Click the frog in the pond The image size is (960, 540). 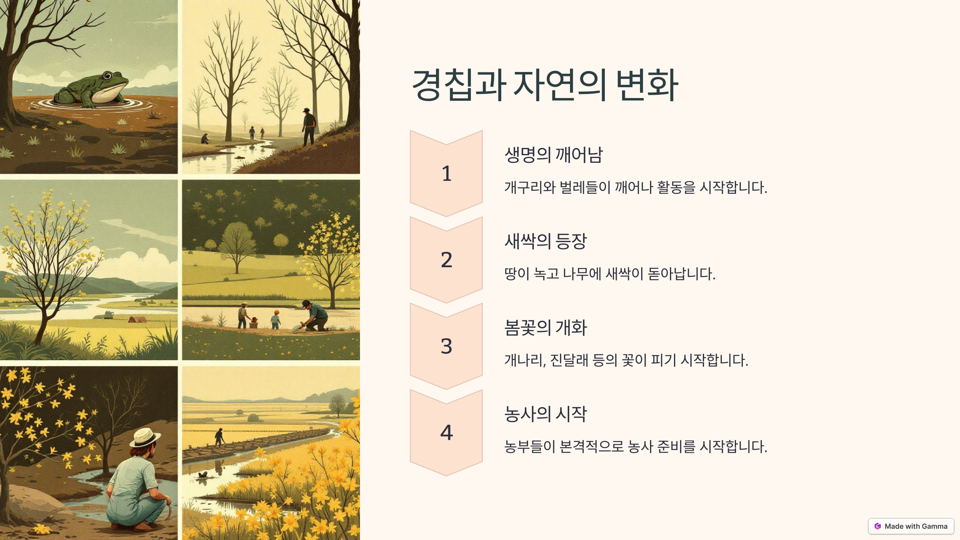pos(92,90)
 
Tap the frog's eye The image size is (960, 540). pos(108,76)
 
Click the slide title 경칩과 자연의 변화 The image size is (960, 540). pos(545,85)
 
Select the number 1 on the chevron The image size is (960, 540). pos(446,174)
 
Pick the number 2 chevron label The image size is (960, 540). pos(446,260)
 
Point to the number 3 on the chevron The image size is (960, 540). pos(446,346)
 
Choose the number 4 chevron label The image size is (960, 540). pos(446,433)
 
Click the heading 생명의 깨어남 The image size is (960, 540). pos(554,155)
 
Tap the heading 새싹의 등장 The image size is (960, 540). pos(546,241)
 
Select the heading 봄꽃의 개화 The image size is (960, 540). pos(546,328)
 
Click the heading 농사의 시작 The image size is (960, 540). pos(546,414)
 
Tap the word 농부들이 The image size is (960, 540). pos(530,446)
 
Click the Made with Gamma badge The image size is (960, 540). pos(911,526)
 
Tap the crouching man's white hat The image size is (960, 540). pos(145,437)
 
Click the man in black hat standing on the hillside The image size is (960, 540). pos(308,127)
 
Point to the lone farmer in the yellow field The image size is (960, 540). pos(219,437)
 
